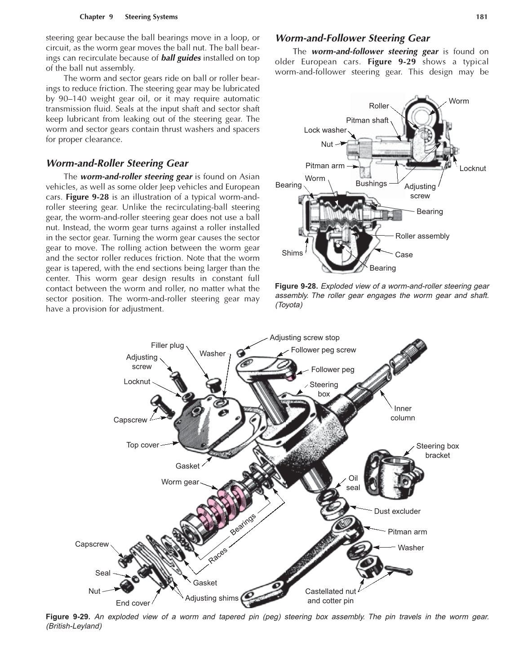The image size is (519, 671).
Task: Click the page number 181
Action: (481, 17)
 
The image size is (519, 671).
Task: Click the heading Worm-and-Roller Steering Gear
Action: (117, 163)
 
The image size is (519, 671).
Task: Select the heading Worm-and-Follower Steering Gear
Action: (352, 38)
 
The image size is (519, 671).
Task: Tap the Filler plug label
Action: (167, 345)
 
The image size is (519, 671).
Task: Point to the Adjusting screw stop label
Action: (304, 338)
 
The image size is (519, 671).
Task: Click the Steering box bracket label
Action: (437, 451)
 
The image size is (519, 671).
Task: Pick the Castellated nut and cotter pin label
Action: (330, 596)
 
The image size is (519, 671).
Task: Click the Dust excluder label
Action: (397, 511)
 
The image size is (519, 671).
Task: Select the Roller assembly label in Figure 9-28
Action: (422, 236)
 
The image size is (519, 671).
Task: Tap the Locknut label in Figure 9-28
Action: (472, 168)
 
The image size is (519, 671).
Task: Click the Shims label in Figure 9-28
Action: (292, 253)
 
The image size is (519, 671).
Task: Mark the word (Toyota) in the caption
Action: (289, 305)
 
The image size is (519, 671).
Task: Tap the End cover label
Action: (133, 603)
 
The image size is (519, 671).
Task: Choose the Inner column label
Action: (403, 413)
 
